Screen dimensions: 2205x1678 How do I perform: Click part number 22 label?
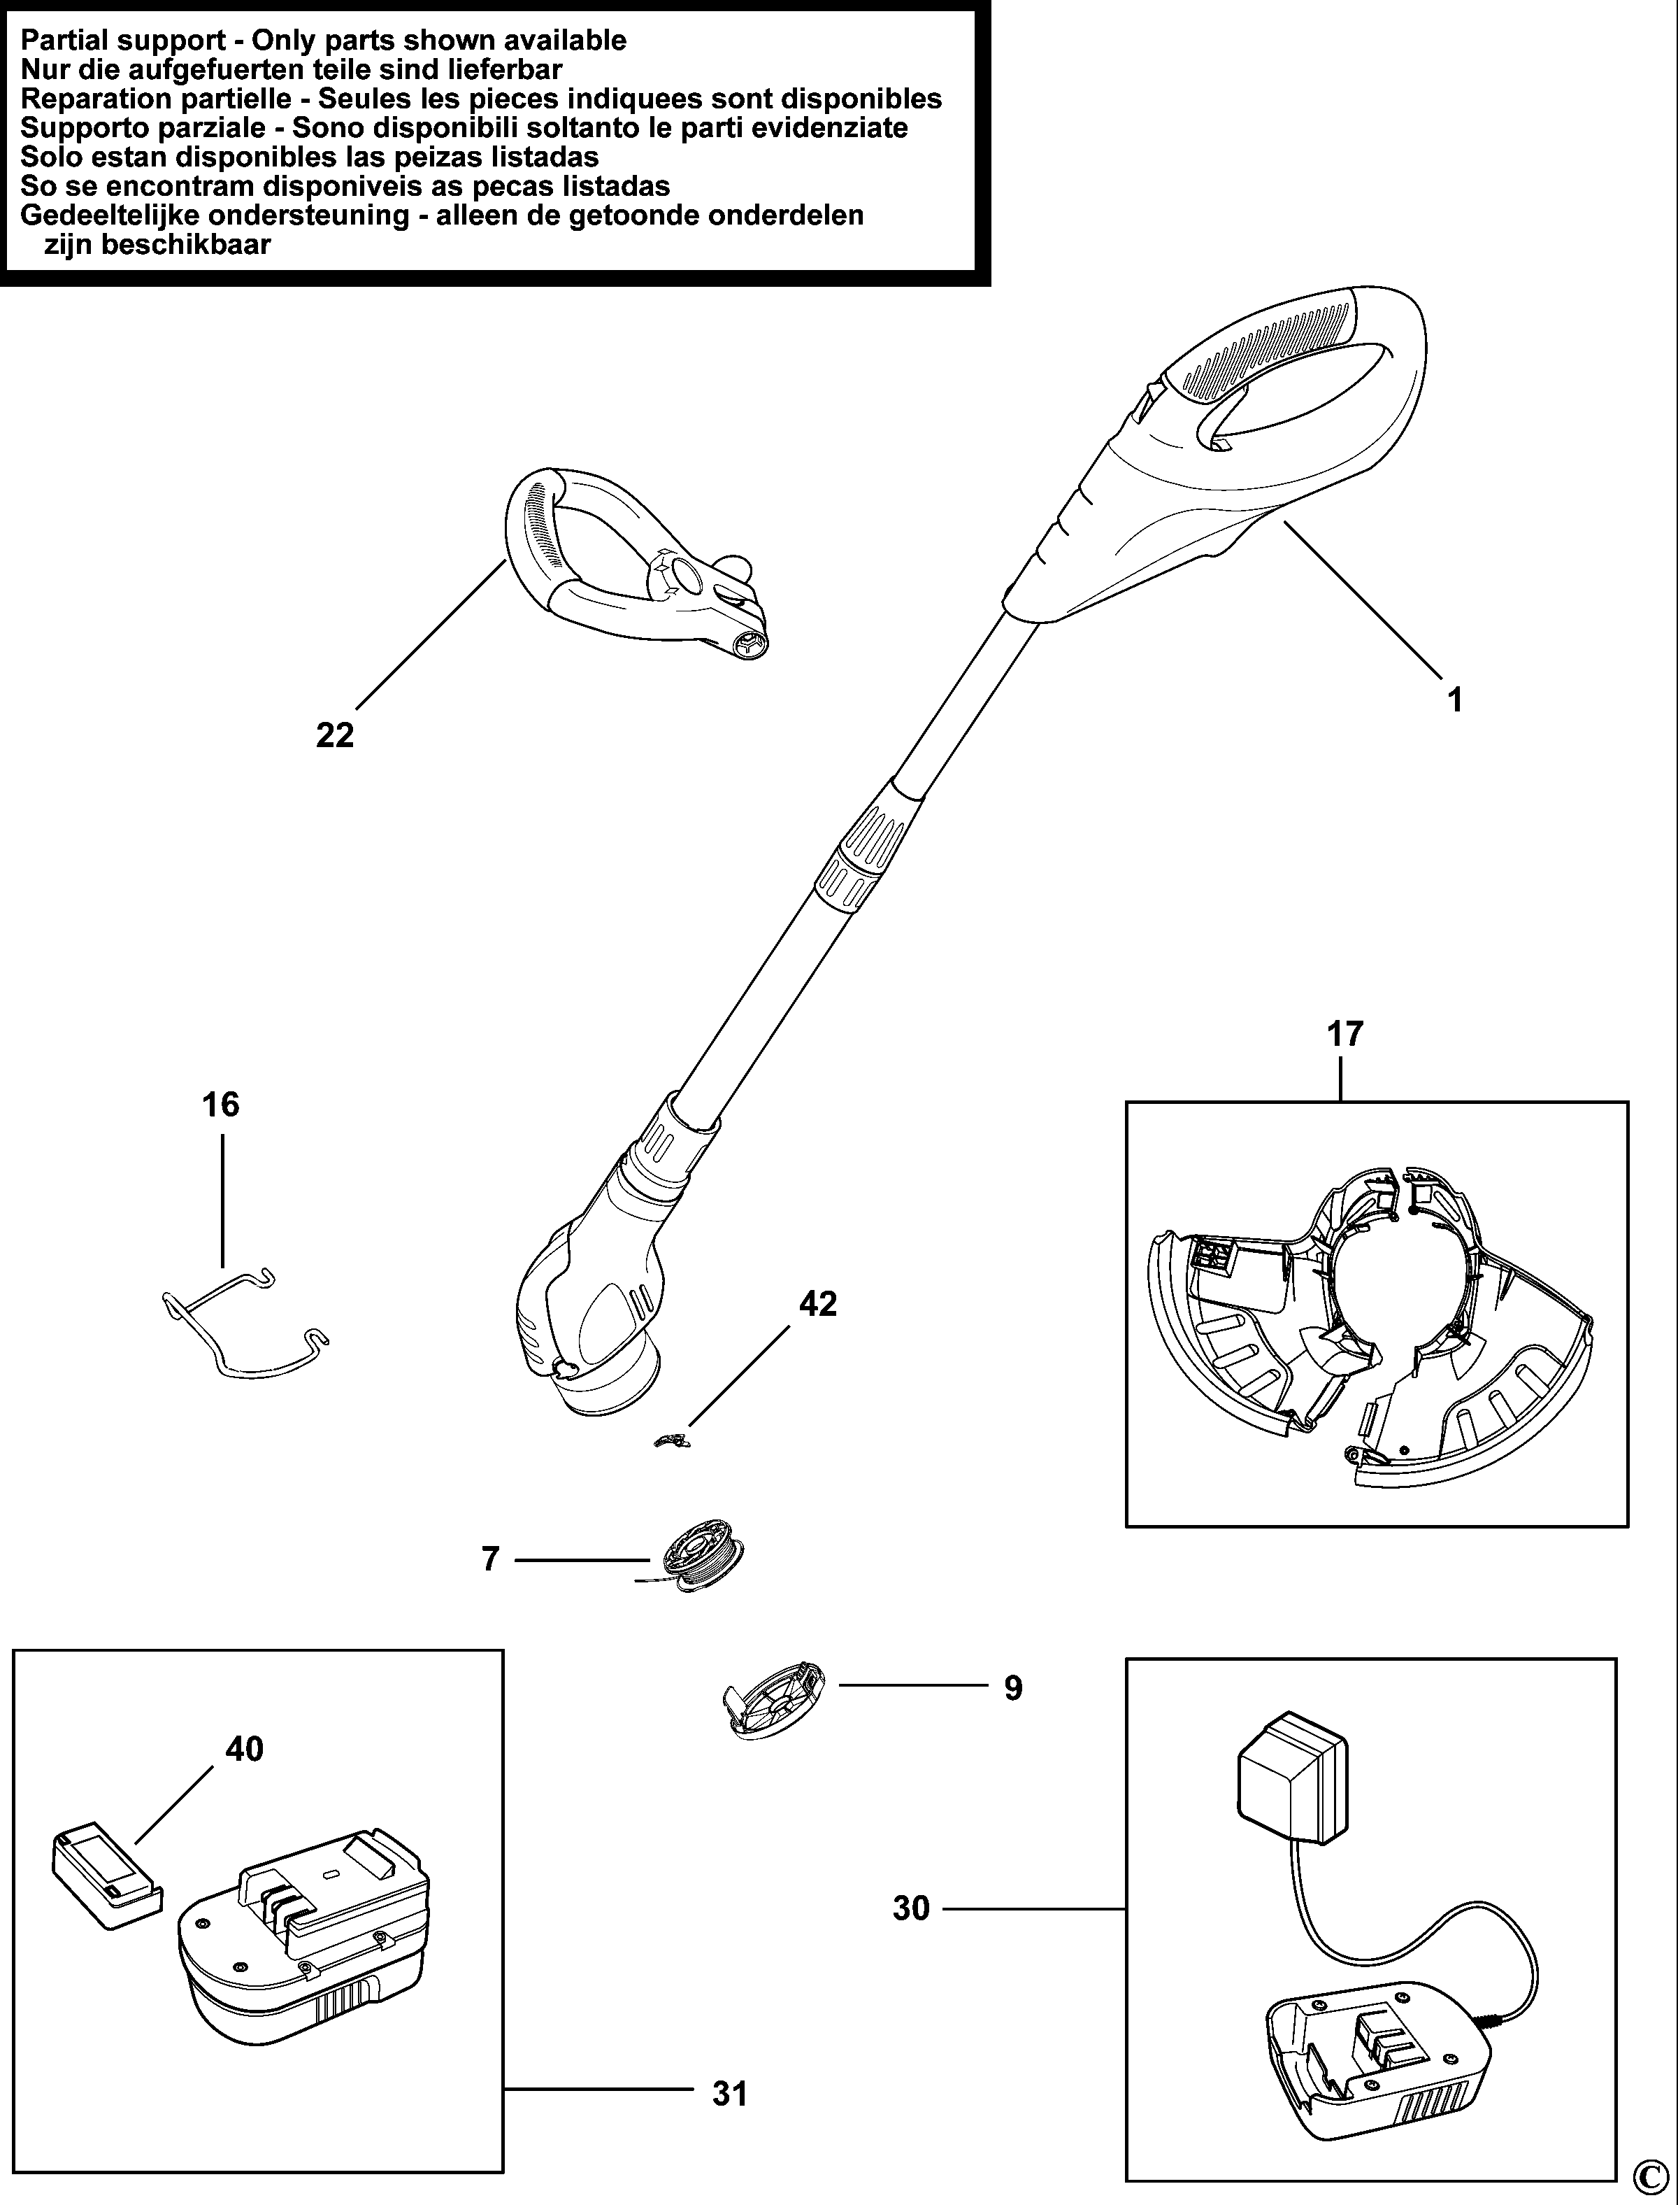coord(335,735)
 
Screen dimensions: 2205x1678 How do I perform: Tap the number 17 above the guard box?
coord(1344,1033)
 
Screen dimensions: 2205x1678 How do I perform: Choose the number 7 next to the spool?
coord(490,1559)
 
